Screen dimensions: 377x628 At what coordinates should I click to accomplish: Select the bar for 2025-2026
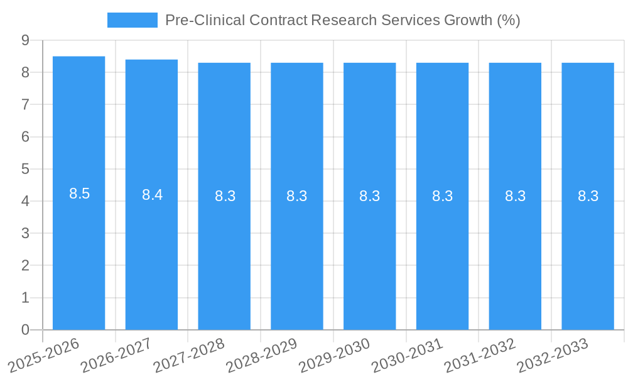click(78, 251)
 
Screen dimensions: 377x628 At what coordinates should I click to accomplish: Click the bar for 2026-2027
click(151, 251)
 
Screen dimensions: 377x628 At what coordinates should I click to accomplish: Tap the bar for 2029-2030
click(369, 251)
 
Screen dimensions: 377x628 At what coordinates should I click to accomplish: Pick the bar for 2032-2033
click(588, 251)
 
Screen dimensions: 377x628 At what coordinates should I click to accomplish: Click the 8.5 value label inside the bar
click(80, 194)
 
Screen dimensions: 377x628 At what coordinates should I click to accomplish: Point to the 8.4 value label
click(152, 195)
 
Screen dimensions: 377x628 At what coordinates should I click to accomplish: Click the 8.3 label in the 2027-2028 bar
click(225, 196)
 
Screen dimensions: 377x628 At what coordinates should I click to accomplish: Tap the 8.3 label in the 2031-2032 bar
click(515, 196)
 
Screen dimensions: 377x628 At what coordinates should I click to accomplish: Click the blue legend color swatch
click(132, 20)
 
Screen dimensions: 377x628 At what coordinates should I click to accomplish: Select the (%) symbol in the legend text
click(508, 20)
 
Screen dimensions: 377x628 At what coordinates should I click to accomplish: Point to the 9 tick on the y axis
click(25, 40)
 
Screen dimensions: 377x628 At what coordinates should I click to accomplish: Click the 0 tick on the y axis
click(25, 330)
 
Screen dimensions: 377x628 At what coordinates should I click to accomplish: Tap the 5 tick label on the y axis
click(25, 169)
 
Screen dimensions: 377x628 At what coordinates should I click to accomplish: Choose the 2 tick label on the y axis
click(25, 266)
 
